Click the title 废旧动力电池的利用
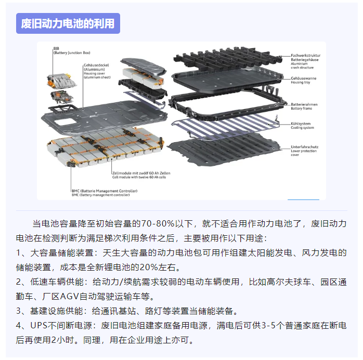click(68, 23)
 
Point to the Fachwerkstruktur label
click(305, 56)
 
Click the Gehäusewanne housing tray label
click(304, 78)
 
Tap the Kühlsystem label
click(302, 123)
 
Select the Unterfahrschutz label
click(305, 147)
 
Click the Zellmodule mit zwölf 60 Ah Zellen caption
click(141, 173)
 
